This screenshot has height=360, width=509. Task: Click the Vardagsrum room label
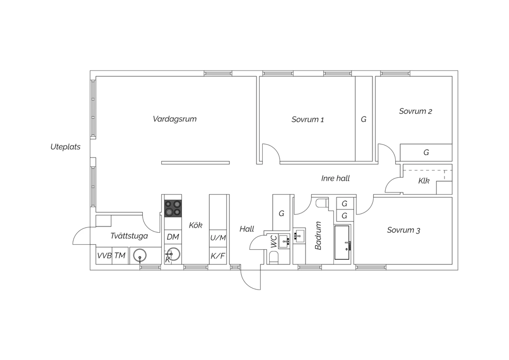tap(174, 119)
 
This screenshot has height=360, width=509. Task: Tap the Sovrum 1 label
tap(308, 120)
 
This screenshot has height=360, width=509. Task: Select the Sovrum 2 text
tap(415, 111)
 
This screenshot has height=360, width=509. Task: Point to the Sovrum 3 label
tap(403, 230)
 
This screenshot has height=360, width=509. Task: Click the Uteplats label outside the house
tap(65, 147)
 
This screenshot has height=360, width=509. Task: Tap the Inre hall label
tap(335, 178)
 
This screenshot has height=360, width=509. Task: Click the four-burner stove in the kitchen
tap(173, 208)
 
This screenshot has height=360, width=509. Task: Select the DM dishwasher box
tap(173, 237)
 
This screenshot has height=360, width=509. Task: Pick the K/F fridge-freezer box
tap(218, 256)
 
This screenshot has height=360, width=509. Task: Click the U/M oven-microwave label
tap(218, 238)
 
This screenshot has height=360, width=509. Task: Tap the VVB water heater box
tap(104, 256)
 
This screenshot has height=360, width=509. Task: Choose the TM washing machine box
tap(120, 256)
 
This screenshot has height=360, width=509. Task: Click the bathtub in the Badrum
tap(342, 242)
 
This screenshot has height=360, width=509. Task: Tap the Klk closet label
tap(424, 181)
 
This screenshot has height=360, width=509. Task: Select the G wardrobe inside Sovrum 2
tap(426, 152)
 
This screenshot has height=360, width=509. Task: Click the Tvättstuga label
tap(129, 236)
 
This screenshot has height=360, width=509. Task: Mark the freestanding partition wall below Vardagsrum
tap(195, 163)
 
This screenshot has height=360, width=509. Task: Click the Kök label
tap(195, 225)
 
